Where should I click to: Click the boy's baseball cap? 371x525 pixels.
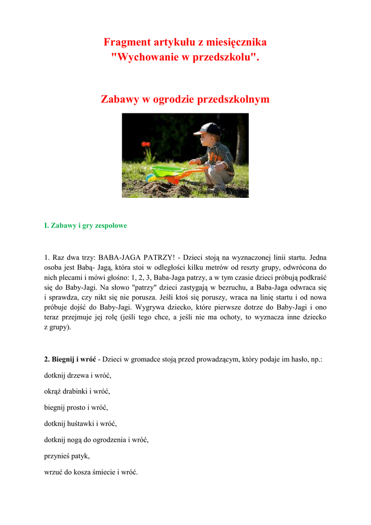[x=209, y=128]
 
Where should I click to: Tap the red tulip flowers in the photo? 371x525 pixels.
[x=146, y=145]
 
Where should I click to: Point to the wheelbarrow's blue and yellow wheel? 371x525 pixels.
[x=150, y=177]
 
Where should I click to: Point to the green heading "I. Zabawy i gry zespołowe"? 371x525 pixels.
[x=85, y=226]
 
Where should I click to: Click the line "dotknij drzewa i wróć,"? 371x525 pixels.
[x=78, y=376]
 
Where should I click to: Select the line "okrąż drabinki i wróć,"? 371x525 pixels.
[x=77, y=392]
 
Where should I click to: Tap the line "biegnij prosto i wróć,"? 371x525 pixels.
[x=76, y=408]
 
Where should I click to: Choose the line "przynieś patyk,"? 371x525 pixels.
[x=67, y=456]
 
